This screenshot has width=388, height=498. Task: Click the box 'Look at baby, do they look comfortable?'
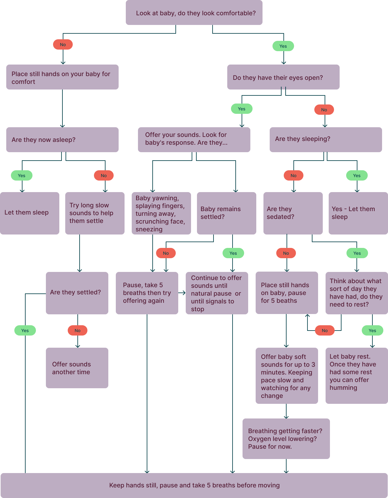point(194,13)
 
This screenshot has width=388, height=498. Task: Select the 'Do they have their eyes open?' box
point(283,77)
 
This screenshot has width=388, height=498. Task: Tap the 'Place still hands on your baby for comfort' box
point(62,77)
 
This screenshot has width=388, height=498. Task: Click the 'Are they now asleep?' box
point(62,140)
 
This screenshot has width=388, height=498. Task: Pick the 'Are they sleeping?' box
point(326,139)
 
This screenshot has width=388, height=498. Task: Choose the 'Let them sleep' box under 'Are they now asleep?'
point(29,213)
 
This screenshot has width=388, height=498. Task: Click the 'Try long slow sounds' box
point(95,213)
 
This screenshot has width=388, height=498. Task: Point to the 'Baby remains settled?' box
point(226,213)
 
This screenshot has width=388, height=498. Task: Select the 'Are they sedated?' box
point(293,213)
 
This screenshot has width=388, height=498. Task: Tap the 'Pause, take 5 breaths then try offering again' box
point(147,293)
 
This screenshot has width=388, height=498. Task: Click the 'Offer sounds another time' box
point(77,368)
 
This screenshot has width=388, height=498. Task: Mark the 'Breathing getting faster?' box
point(286,438)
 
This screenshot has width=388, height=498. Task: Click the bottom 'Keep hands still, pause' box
point(194,485)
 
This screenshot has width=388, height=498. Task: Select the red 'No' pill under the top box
point(63,45)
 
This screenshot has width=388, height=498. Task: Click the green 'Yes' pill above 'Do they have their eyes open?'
point(283,46)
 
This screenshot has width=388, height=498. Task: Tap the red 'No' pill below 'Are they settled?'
point(77,331)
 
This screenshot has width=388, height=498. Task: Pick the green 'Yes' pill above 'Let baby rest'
point(372,331)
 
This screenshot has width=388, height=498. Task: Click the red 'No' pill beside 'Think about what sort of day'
point(325,331)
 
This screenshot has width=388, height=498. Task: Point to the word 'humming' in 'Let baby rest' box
point(343,388)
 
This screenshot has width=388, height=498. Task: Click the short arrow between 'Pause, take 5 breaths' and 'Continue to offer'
point(182,293)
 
